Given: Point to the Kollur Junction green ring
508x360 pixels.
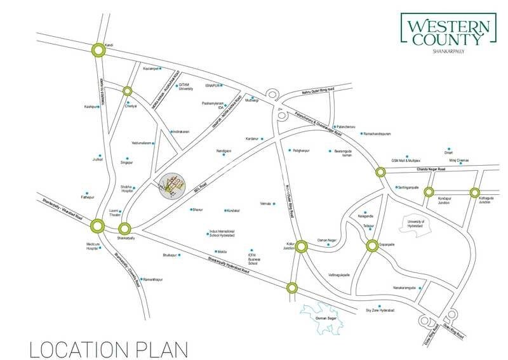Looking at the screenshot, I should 302,246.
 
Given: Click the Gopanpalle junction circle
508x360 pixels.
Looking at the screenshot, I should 372,246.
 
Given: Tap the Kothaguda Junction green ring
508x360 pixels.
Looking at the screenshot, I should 474,192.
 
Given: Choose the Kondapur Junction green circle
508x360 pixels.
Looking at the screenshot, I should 429,192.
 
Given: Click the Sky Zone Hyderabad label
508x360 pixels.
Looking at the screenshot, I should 380,310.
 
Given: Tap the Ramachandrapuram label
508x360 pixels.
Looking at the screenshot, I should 380,134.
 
